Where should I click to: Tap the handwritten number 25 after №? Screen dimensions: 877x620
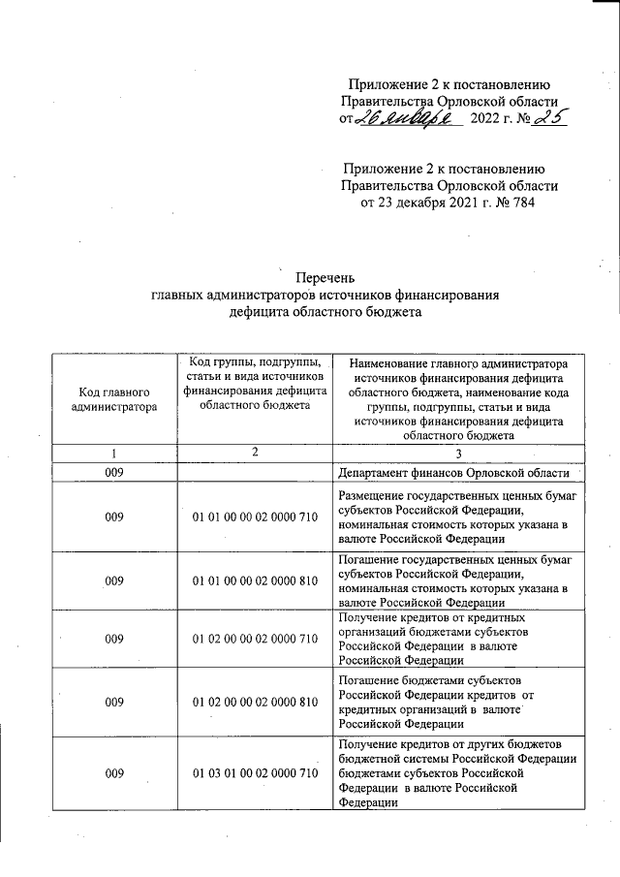pyautogui.click(x=547, y=118)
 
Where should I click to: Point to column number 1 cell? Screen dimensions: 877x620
pyautogui.click(x=114, y=453)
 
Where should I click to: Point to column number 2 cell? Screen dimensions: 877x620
pyautogui.click(x=255, y=453)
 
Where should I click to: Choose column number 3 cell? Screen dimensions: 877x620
pyautogui.click(x=460, y=453)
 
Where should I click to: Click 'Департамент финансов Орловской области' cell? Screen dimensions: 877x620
pyautogui.click(x=459, y=474)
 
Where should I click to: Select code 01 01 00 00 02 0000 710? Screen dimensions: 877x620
pyautogui.click(x=255, y=517)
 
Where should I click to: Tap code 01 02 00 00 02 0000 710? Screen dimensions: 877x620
pyautogui.click(x=255, y=640)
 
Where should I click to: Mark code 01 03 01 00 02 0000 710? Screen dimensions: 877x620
pyautogui.click(x=255, y=772)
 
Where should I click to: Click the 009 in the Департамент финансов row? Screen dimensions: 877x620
pyautogui.click(x=114, y=474)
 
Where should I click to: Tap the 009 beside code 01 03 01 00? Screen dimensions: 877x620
pyautogui.click(x=114, y=772)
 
